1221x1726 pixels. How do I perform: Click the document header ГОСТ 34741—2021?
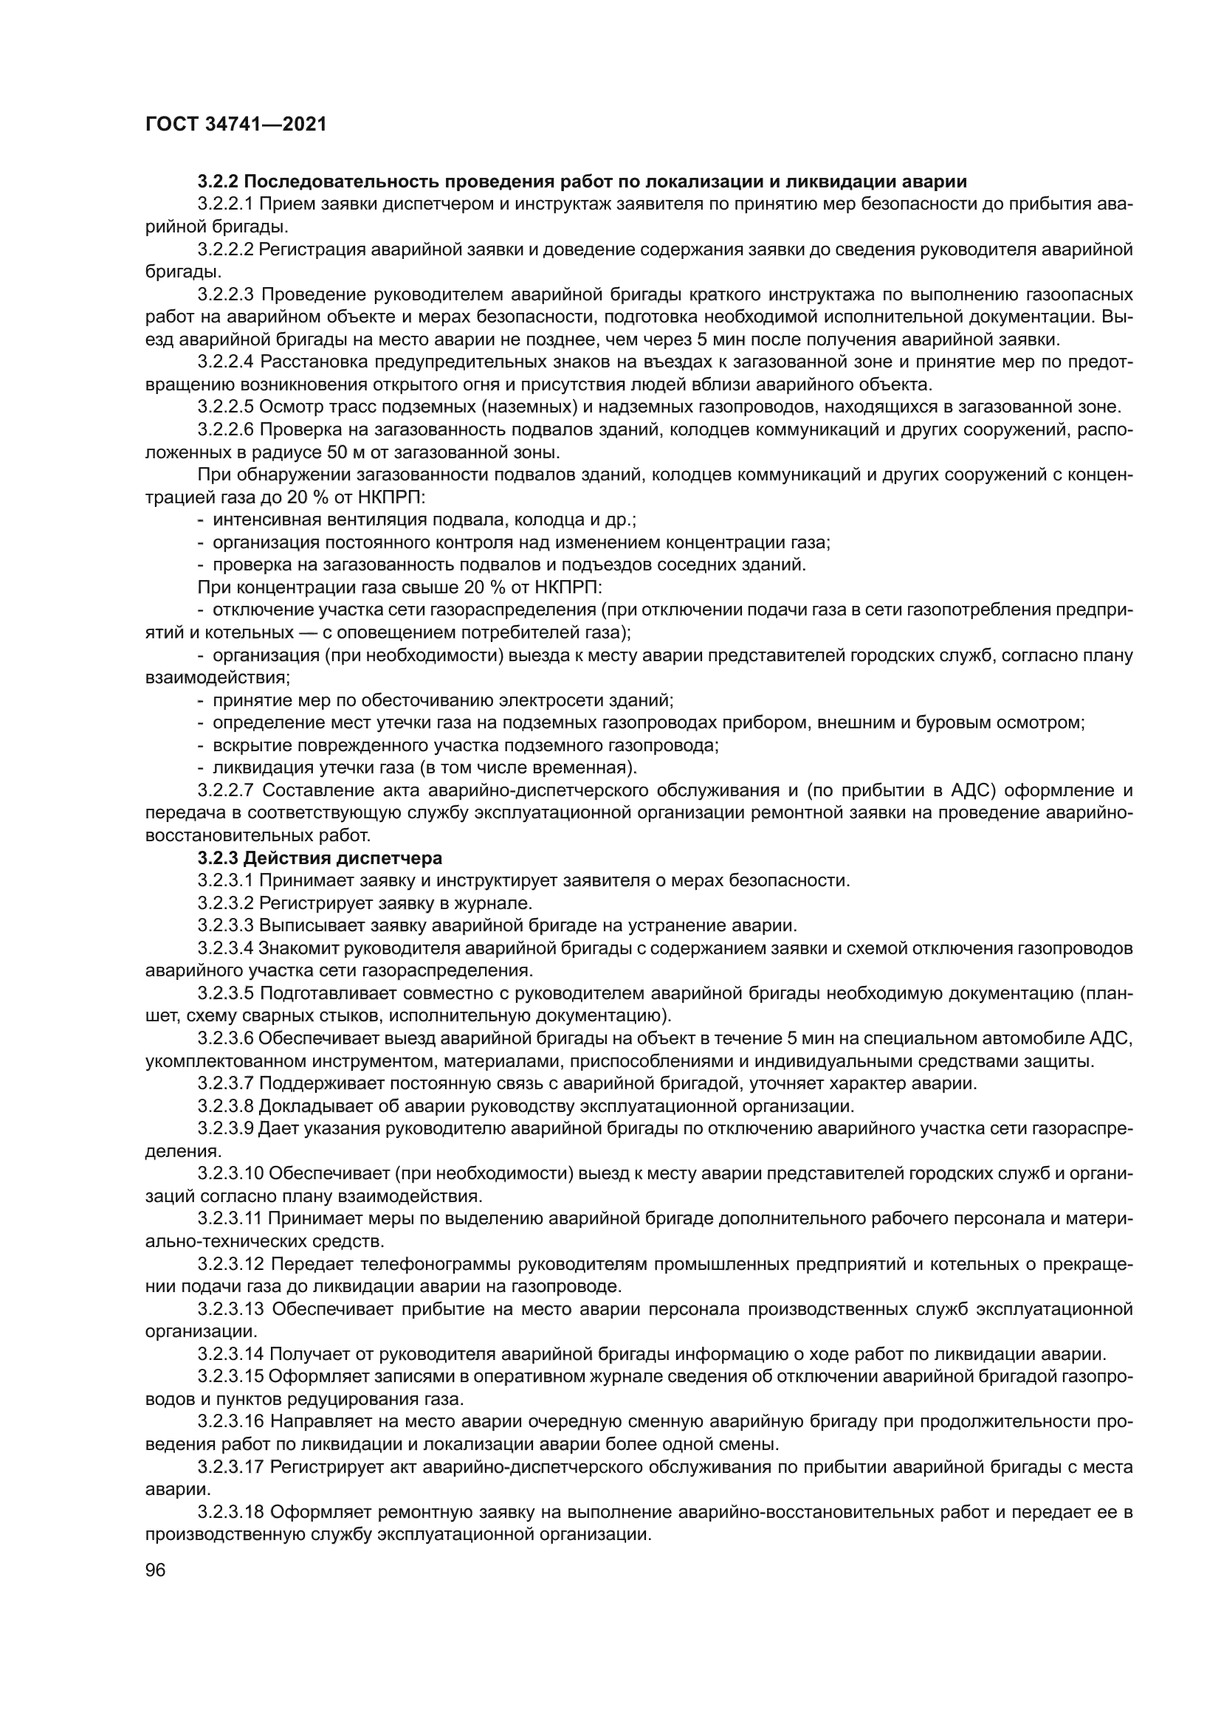point(235,125)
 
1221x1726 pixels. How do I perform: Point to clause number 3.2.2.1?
point(227,204)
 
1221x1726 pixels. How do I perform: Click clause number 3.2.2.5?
point(227,407)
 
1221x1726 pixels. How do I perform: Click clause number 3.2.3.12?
point(231,1265)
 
